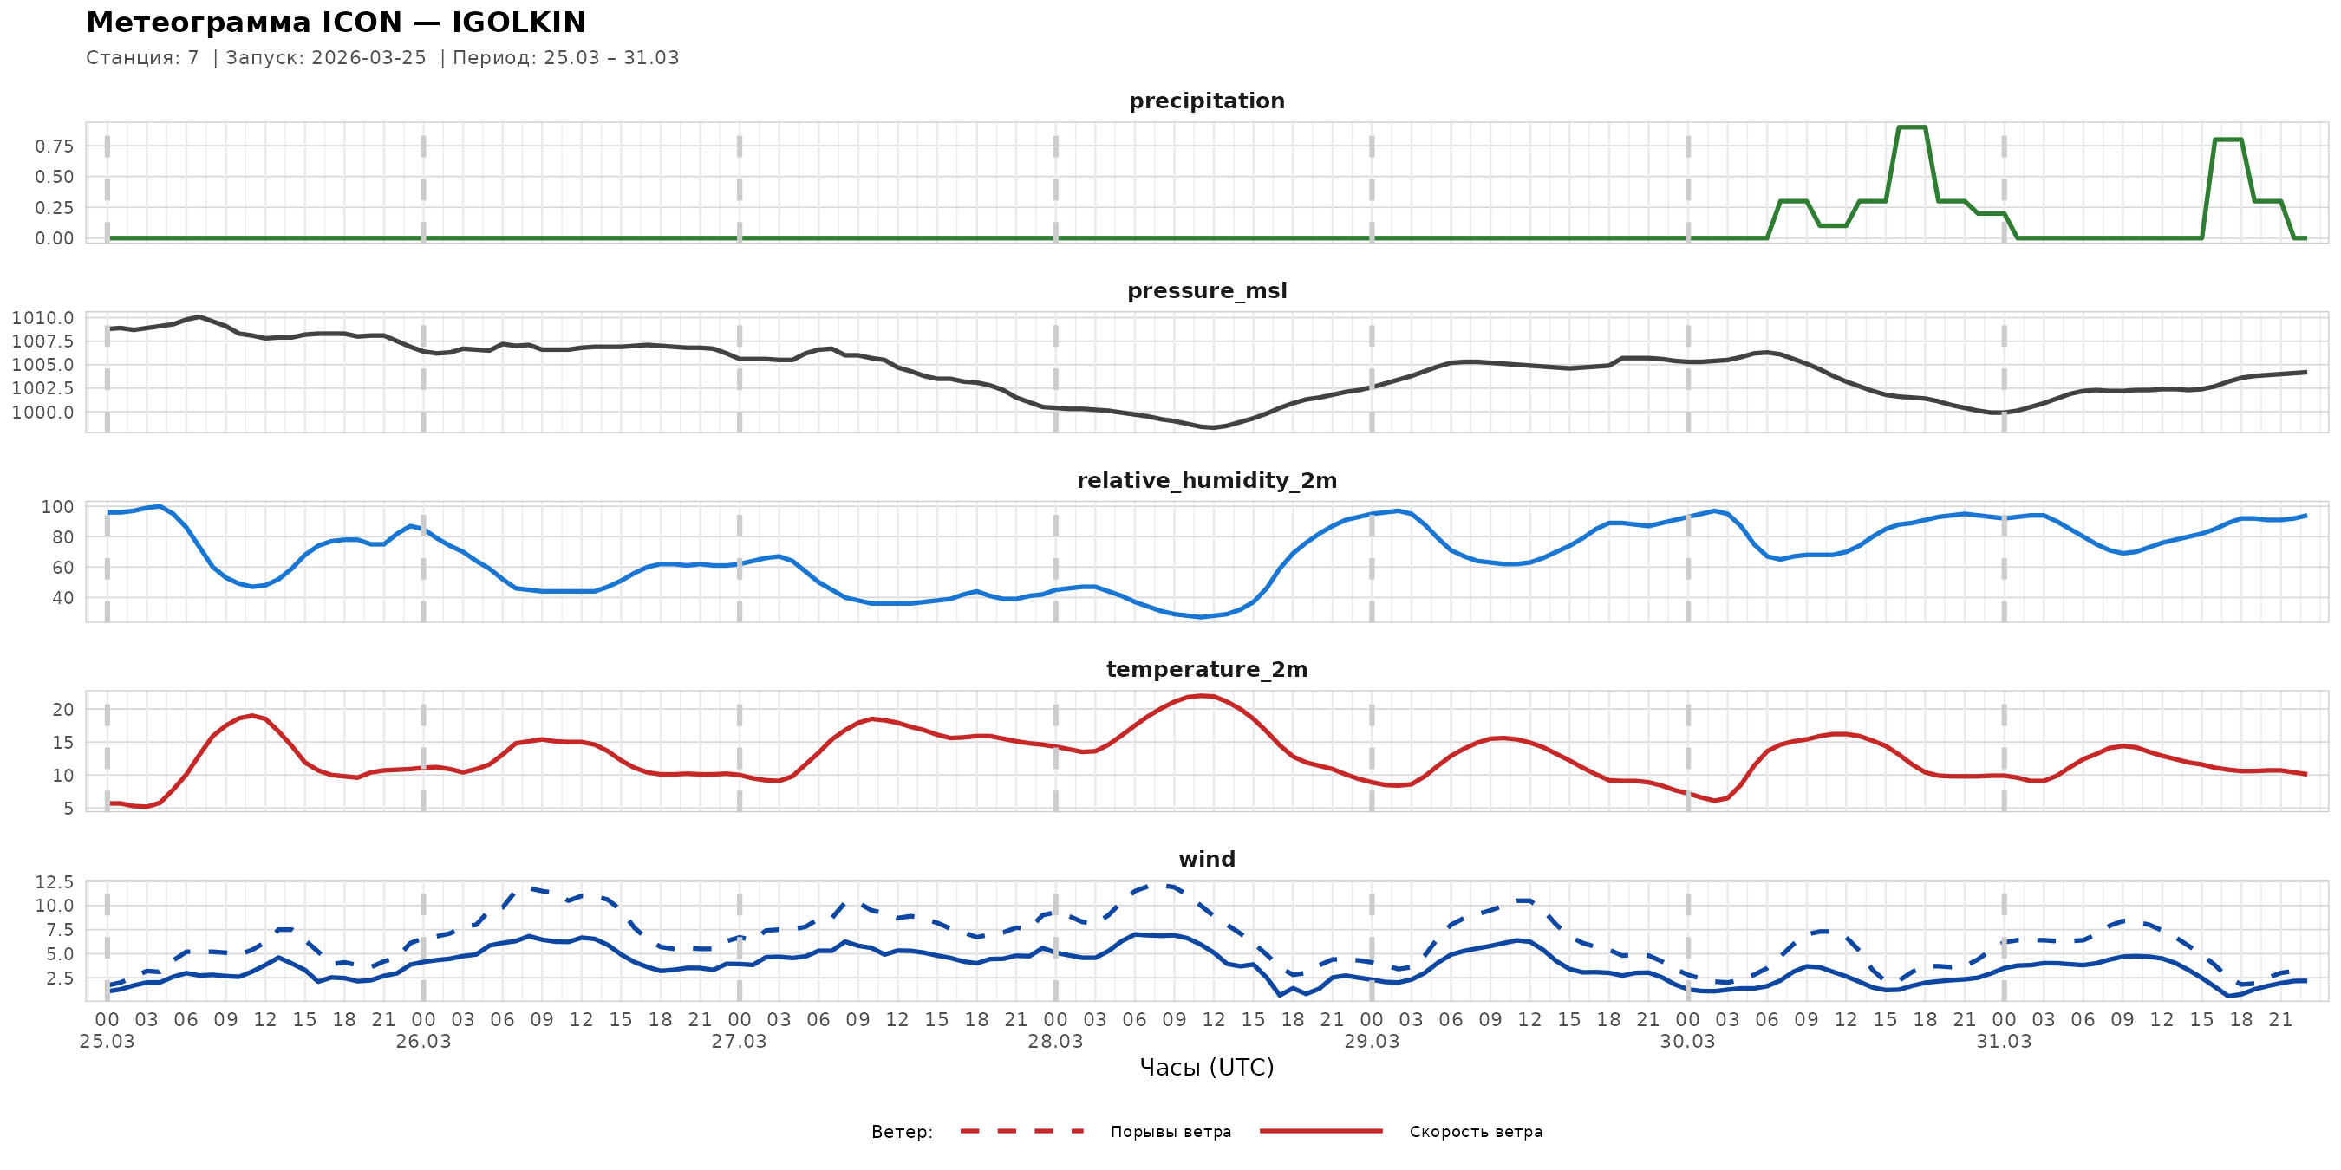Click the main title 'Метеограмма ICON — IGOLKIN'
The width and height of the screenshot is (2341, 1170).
[336, 23]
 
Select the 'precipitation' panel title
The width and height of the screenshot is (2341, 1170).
[1206, 101]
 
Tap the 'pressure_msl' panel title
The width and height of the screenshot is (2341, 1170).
[1206, 290]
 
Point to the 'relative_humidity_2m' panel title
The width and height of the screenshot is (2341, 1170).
[1206, 480]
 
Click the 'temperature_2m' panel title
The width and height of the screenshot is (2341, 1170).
[1206, 669]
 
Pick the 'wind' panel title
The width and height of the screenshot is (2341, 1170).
[1206, 860]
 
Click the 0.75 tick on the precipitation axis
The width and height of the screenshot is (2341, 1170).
[55, 146]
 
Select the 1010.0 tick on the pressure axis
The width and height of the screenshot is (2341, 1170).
[42, 318]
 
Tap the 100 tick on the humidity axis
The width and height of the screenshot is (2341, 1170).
[57, 507]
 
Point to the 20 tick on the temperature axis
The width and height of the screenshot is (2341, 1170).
[62, 710]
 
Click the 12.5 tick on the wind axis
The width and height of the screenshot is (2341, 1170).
[55, 882]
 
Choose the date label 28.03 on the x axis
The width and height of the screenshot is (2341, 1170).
[1055, 1042]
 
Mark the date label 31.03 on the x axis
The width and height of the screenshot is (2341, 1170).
[2003, 1042]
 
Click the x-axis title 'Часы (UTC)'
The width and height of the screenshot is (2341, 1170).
[1206, 1068]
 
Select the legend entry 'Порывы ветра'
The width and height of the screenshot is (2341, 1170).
[1170, 1132]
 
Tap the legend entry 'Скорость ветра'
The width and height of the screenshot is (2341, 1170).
[1475, 1132]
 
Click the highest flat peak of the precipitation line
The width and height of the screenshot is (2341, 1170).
[1912, 127]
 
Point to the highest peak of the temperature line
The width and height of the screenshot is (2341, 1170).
[1201, 696]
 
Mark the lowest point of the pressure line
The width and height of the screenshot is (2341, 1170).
[1213, 427]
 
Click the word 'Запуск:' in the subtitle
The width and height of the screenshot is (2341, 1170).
[264, 58]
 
